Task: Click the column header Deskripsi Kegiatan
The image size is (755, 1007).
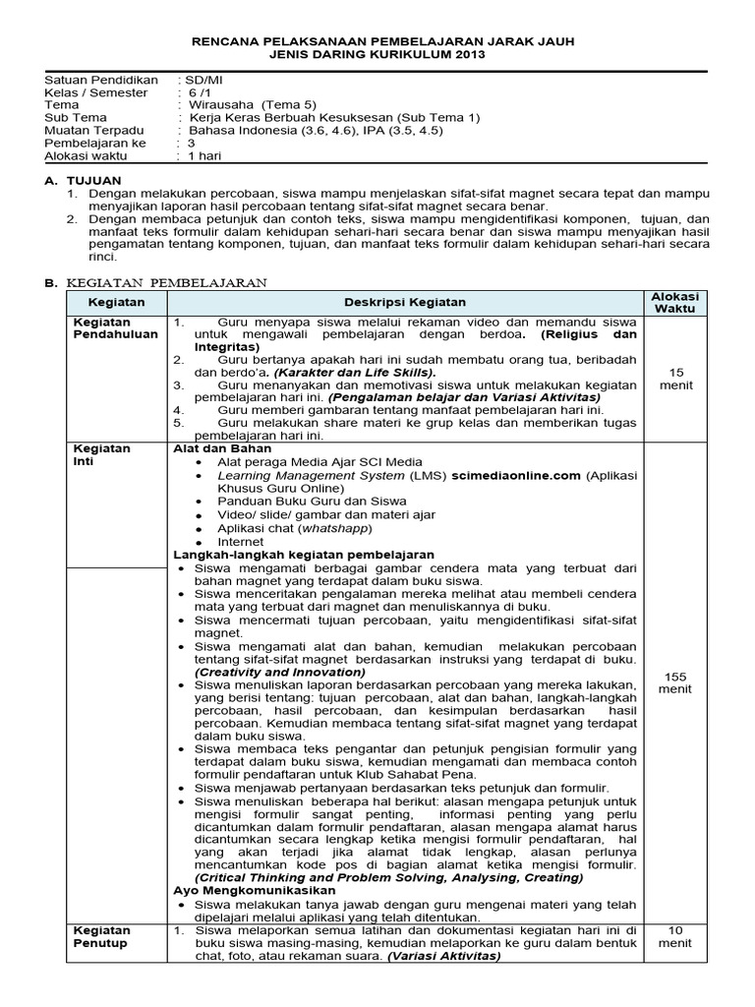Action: [405, 302]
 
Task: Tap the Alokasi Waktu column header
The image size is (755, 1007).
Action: [674, 302]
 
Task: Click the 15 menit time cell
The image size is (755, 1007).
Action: [674, 379]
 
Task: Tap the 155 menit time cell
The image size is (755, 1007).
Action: [674, 681]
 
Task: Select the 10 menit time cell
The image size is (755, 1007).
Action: [674, 935]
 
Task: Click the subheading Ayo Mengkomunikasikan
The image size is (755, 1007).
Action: [255, 890]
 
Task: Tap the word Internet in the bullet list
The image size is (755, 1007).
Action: [240, 541]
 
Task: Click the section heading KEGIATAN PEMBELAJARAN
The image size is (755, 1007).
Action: [165, 282]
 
